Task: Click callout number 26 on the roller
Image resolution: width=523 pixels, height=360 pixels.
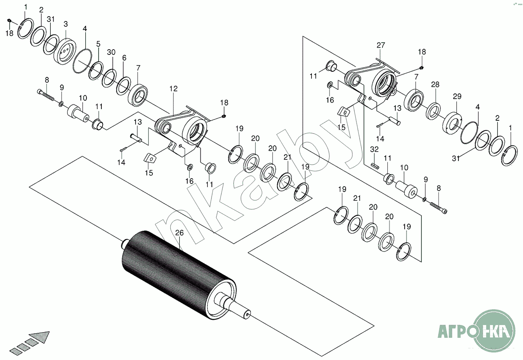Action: click(180, 233)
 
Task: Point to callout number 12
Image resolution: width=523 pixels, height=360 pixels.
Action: click(173, 89)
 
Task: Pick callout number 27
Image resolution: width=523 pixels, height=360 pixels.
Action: click(381, 45)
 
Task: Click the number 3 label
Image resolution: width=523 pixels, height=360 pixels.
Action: click(66, 24)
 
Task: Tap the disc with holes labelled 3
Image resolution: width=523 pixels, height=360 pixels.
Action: click(65, 51)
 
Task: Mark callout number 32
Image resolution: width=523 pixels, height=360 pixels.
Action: click(374, 149)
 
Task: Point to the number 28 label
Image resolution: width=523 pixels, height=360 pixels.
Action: click(435, 85)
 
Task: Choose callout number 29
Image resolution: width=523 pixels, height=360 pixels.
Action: click(457, 97)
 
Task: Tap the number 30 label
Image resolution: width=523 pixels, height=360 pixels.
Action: click(111, 52)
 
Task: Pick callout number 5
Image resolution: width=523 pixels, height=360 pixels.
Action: click(98, 44)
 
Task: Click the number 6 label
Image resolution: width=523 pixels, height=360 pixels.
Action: click(124, 58)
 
